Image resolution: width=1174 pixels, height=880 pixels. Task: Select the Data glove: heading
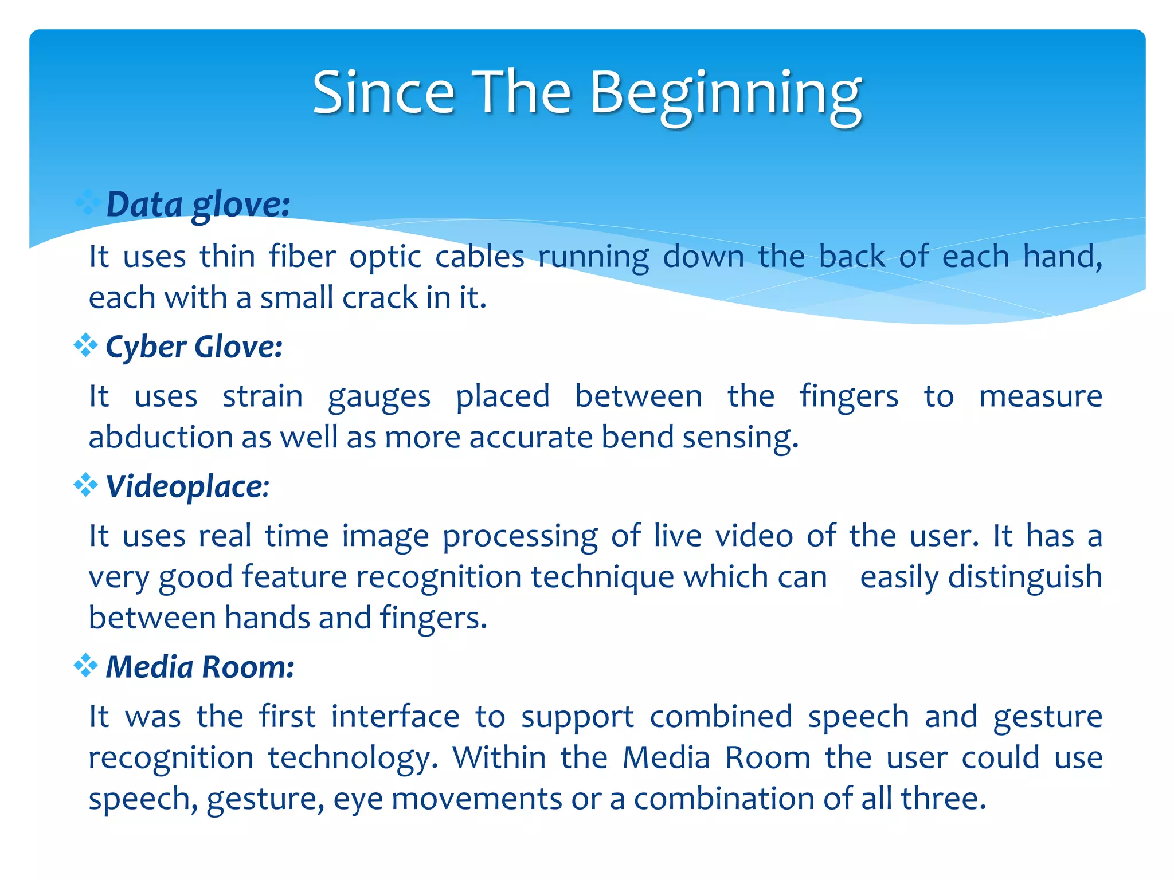(198, 205)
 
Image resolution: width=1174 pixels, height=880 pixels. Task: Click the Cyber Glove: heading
(194, 347)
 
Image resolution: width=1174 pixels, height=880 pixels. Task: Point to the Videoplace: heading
(187, 487)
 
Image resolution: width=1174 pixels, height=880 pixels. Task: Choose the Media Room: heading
(200, 667)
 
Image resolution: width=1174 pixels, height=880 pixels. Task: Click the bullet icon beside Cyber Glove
(85, 345)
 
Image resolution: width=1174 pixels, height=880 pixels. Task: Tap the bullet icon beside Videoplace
(85, 485)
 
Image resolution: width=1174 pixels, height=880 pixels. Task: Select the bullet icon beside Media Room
(85, 666)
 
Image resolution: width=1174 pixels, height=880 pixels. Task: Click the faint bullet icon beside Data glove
(87, 203)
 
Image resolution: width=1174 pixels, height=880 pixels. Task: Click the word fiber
(302, 256)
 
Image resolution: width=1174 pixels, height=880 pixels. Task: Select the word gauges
(379, 397)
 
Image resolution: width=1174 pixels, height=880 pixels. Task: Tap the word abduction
(160, 438)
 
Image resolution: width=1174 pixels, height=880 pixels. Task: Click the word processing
(520, 537)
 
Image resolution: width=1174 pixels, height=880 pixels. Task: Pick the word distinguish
(1025, 577)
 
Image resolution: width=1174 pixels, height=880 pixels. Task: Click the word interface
(395, 717)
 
